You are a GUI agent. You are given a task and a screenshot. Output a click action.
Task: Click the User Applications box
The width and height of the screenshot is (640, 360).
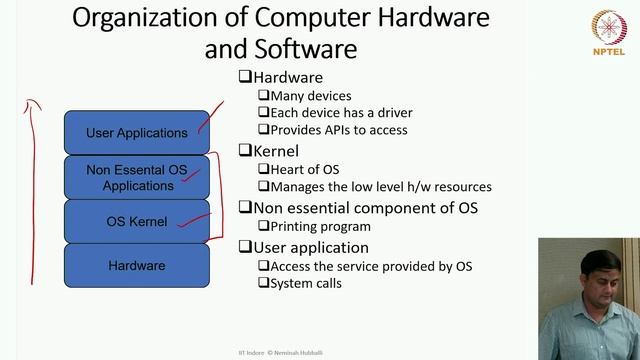point(137,133)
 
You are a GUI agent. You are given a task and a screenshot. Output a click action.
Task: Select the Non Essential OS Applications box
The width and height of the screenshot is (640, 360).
point(137,177)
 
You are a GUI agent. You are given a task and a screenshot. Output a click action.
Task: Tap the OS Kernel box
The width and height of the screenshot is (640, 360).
point(137,221)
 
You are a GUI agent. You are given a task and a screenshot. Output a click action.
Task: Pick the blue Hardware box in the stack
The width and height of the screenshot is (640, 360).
point(137,265)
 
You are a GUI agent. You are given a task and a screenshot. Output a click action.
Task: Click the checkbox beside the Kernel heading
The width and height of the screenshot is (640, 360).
point(244,151)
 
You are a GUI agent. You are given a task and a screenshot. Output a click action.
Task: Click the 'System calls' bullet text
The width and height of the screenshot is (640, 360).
point(306,283)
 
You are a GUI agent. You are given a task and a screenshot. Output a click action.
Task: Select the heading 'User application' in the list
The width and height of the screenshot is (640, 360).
point(311,247)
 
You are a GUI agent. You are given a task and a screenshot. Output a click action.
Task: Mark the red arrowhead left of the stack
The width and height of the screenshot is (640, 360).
point(31,102)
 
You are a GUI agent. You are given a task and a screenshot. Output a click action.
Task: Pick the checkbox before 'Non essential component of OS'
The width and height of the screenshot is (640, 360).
point(244,208)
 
